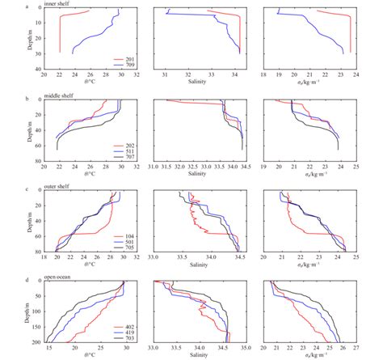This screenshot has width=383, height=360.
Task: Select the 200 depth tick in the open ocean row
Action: pyautogui.click(x=40, y=341)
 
